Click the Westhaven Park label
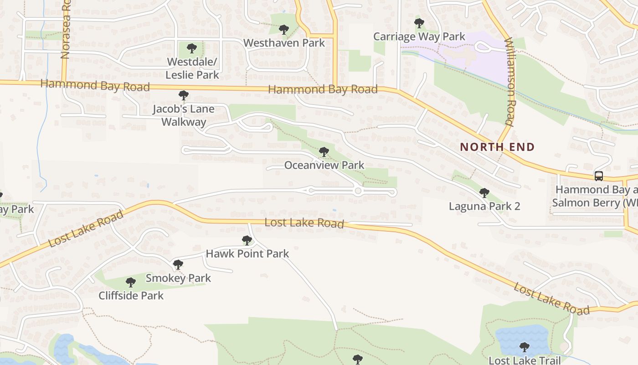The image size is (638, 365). point(284,43)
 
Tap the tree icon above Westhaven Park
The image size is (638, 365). point(284,30)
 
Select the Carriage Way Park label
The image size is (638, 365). point(419,36)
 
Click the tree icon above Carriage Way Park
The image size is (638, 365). point(419,23)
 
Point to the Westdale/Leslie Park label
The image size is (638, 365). point(192,68)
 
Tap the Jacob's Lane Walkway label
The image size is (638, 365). point(183,115)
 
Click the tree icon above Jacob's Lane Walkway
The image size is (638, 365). point(184,95)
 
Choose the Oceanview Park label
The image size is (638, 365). point(324,165)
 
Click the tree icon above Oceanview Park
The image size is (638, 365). point(324,152)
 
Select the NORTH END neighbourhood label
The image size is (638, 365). point(497,147)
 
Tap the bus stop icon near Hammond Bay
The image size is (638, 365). point(599,176)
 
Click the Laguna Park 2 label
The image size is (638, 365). point(484,206)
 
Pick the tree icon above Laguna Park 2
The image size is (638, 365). point(484,193)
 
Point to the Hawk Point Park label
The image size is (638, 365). point(247,253)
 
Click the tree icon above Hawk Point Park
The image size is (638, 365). point(247,240)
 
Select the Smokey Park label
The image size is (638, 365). point(178,278)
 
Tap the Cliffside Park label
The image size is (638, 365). point(131,295)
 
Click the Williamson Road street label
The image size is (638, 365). point(510,81)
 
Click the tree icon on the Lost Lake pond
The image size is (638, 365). point(525,347)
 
